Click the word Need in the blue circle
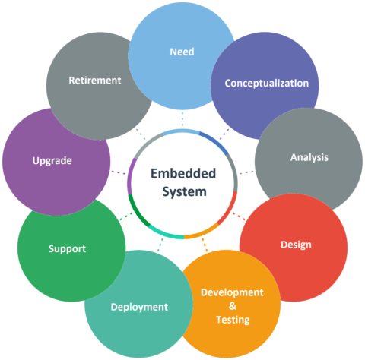coord(182,52)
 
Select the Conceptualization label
coord(267,84)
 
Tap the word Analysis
coord(309,157)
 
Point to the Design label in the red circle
coord(296,245)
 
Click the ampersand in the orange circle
coord(233,306)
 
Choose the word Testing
coord(233,320)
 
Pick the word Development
coord(232,292)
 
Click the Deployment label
coord(139,308)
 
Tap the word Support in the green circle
coord(67,249)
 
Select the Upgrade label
coord(52,161)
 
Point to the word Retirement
coord(95,81)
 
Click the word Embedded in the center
coord(183,174)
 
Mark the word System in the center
coord(184,192)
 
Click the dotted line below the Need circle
coord(182,118)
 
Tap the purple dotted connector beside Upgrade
coord(119,172)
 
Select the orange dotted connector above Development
coord(205,245)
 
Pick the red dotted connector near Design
coord(239,216)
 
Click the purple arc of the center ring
coord(130,176)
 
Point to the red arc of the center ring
coord(230,209)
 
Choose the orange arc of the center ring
coord(202,233)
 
